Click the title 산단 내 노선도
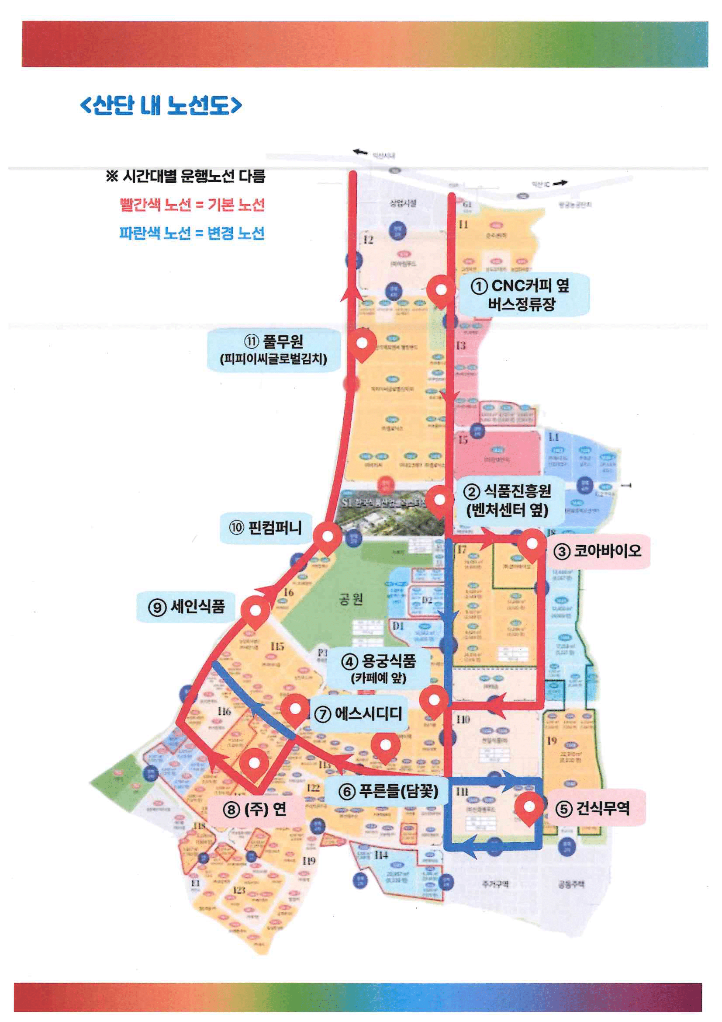[161, 105]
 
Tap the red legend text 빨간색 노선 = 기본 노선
[192, 205]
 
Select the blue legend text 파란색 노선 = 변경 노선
[192, 233]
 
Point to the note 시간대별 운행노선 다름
[186, 176]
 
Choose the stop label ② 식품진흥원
[507, 501]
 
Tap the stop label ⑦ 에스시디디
[359, 713]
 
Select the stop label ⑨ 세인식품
[187, 606]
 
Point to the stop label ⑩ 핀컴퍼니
[266, 528]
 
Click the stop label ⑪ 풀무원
[273, 349]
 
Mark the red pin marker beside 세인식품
[256, 611]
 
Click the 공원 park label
[351, 599]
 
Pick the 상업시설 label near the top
[403, 203]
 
